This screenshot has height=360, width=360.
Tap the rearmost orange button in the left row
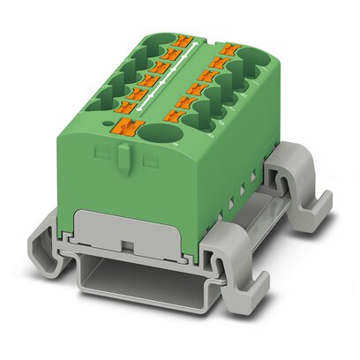(x=183, y=39)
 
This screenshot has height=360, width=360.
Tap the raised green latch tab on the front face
(x=124, y=160)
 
